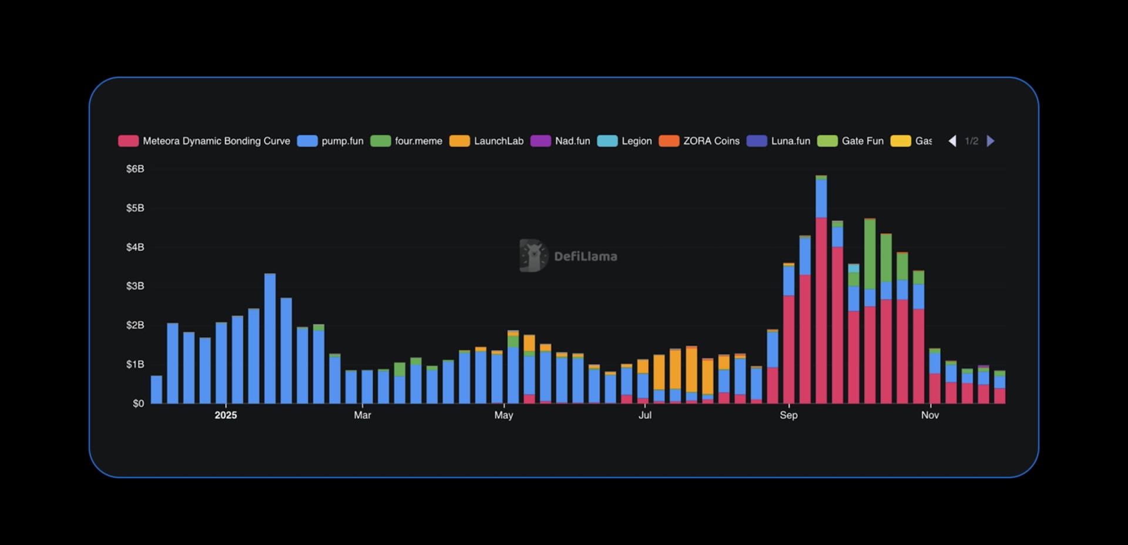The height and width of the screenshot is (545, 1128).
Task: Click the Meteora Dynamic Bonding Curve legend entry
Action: click(x=204, y=141)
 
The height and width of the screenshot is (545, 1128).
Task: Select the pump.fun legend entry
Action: click(x=331, y=141)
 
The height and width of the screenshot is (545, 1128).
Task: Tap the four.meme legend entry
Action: click(x=407, y=141)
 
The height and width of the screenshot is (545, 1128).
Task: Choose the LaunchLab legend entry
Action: click(x=486, y=141)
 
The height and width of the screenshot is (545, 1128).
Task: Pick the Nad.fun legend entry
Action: click(x=560, y=141)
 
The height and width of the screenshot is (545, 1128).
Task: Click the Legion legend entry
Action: click(x=625, y=141)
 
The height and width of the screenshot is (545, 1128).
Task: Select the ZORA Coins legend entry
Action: click(x=699, y=141)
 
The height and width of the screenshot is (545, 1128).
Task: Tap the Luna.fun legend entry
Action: click(x=778, y=141)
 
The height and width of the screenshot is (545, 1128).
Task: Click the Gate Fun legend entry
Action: click(x=851, y=141)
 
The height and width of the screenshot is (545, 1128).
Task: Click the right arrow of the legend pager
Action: click(x=991, y=141)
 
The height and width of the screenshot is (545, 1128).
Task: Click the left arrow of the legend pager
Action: click(x=952, y=141)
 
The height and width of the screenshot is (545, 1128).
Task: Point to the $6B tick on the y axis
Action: click(x=135, y=169)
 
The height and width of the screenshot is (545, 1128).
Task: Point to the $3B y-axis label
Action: click(x=135, y=286)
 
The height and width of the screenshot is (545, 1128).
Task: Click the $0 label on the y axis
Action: click(x=138, y=403)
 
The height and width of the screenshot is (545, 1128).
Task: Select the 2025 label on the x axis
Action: click(x=226, y=415)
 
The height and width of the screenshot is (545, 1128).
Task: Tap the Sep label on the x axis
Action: click(x=788, y=415)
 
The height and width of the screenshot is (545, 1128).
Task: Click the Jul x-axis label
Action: click(x=645, y=415)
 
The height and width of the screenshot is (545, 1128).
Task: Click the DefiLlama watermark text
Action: click(x=585, y=256)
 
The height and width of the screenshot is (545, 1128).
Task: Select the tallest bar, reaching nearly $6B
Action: click(x=821, y=294)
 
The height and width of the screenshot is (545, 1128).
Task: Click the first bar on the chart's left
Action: click(x=156, y=390)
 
